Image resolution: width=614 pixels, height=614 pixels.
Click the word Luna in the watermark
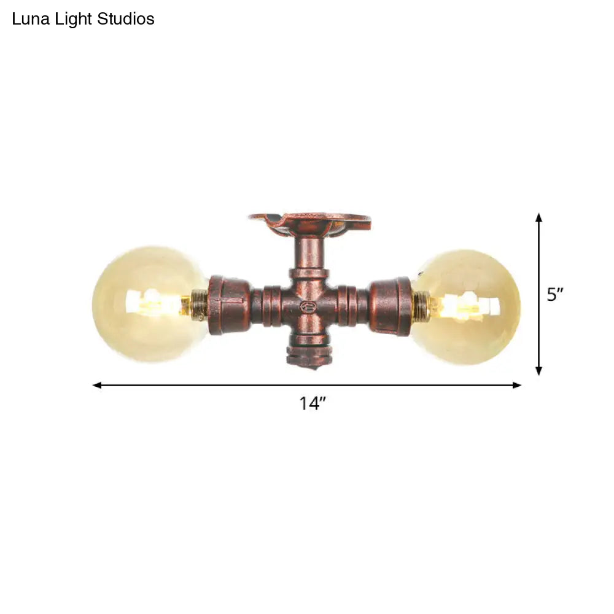28,20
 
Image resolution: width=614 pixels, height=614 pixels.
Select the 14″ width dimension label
312,403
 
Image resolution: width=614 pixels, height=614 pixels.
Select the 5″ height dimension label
555,295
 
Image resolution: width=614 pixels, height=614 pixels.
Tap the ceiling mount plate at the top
310,222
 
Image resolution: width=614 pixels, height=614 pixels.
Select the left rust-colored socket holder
229,305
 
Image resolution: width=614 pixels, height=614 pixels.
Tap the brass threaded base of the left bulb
200,304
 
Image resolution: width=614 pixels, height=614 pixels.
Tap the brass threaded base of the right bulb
421,305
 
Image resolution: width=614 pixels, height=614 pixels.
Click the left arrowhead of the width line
96,385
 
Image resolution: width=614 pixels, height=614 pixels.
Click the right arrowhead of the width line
517,385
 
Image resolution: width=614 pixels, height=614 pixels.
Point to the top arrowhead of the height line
538,217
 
